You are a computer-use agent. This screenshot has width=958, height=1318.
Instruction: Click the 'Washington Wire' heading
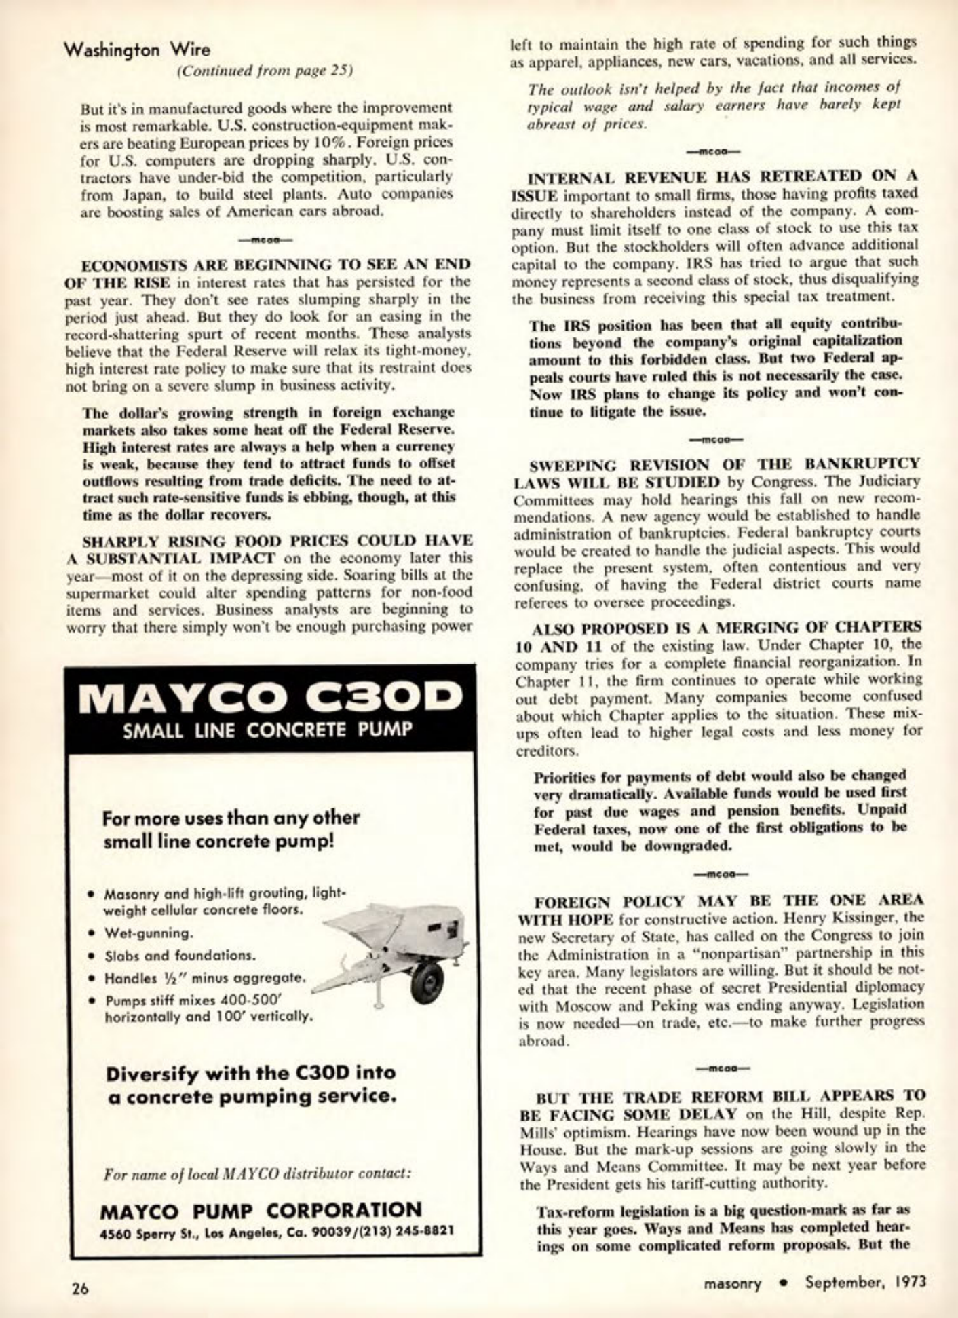coord(137,50)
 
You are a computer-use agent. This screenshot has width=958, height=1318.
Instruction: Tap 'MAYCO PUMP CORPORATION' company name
coord(261,1210)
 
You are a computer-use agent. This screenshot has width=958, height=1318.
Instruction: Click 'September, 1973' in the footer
coord(865,1283)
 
